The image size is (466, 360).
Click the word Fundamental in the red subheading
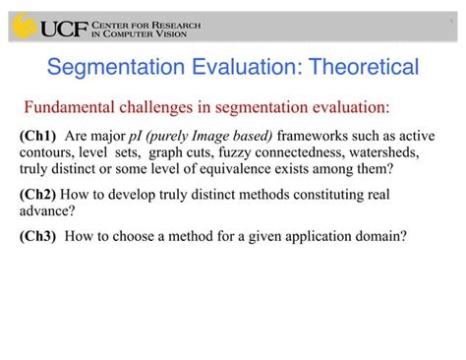70,106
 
